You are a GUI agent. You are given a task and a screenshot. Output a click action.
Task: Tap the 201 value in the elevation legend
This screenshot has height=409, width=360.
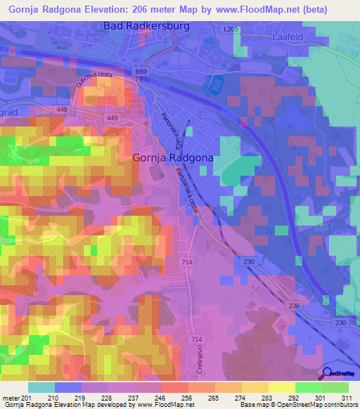[27, 398]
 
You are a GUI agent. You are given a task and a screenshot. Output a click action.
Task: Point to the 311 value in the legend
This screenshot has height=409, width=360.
[347, 398]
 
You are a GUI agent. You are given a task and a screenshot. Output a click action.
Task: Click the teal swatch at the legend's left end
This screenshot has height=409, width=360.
[41, 387]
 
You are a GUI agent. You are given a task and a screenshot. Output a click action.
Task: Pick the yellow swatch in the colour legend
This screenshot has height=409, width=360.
[282, 387]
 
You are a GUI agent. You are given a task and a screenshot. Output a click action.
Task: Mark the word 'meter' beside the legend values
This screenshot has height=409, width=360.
[10, 398]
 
